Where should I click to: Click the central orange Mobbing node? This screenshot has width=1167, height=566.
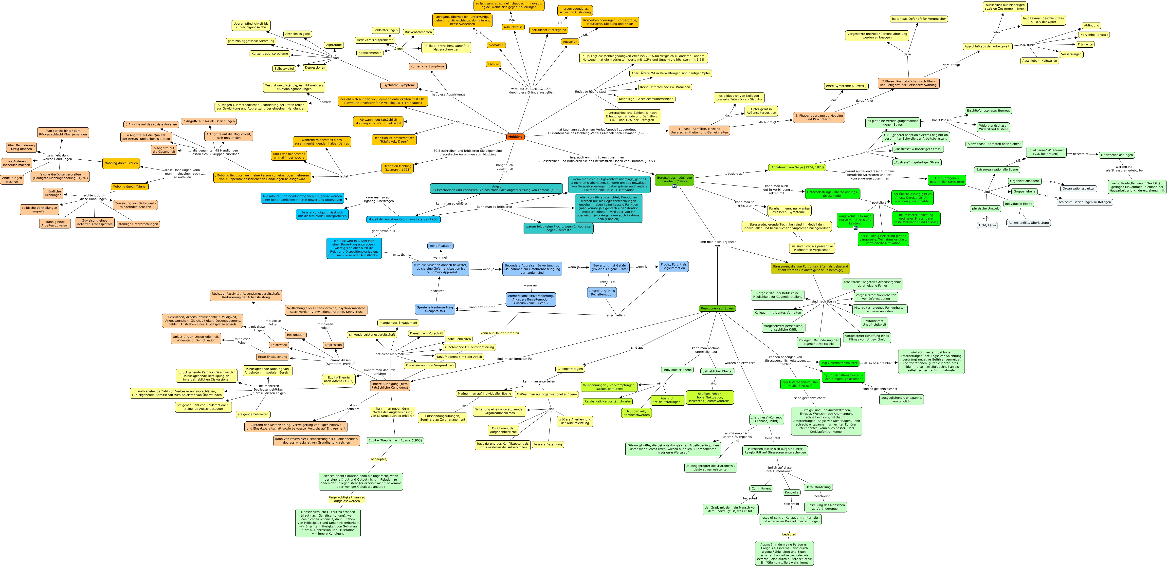(515, 136)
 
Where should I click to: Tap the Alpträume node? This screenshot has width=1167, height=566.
(334, 45)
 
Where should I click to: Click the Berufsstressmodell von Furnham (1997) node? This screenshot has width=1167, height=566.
(674, 179)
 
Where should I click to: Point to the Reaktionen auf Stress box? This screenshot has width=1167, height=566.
(717, 308)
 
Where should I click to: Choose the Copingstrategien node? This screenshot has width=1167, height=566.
(570, 369)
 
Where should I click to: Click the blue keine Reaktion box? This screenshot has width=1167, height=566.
(440, 245)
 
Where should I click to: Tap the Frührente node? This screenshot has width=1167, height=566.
(1085, 44)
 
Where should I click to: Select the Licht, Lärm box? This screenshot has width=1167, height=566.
(987, 225)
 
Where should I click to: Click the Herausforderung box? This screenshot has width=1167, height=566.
(818, 487)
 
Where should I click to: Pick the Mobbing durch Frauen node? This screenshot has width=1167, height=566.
(121, 163)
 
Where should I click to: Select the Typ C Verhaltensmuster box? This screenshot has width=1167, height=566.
(839, 363)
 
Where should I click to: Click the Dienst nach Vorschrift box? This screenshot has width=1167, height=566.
(426, 333)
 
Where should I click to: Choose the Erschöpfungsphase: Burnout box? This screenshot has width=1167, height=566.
(988, 111)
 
